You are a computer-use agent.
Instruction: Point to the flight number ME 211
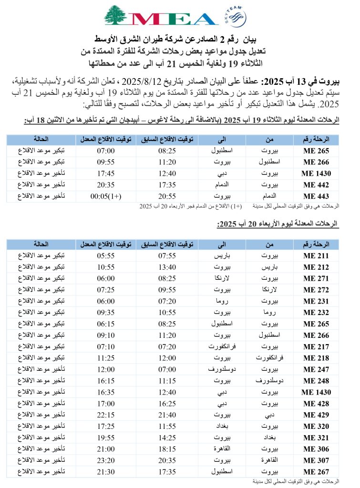[x=316, y=256]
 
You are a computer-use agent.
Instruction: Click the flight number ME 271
[x=316, y=278]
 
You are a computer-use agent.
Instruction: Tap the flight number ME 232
[x=316, y=311]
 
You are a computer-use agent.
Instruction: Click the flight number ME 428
[x=316, y=403]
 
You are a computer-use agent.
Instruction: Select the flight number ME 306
[x=316, y=449]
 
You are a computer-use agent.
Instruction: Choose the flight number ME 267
[x=316, y=471]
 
